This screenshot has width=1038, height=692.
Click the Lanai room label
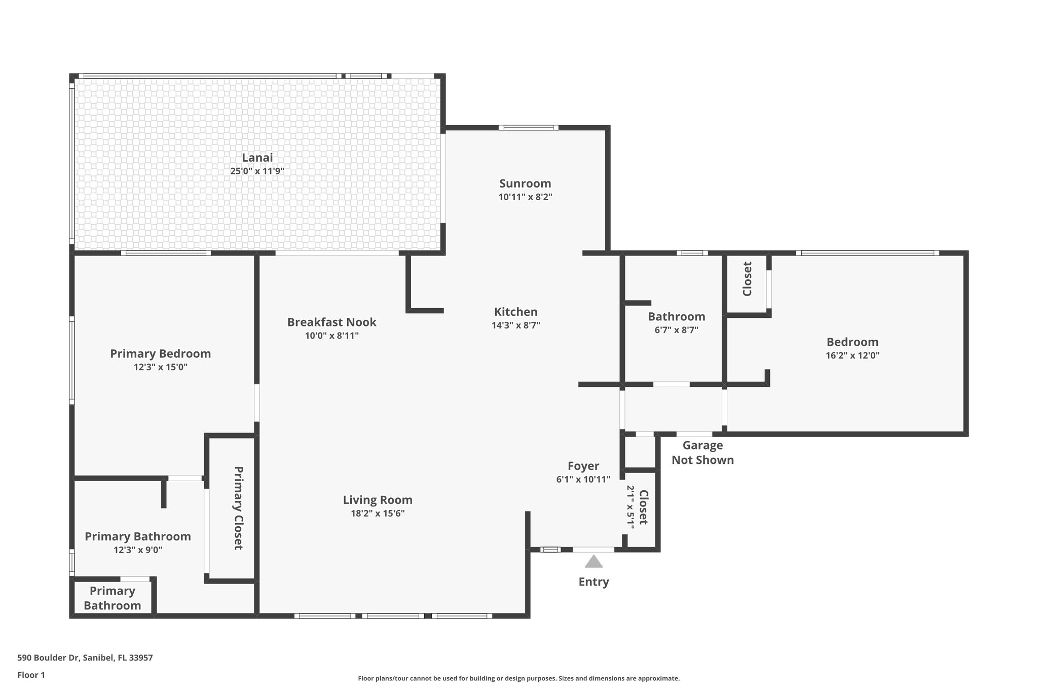tap(257, 158)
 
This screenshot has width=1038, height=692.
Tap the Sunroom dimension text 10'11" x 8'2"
tap(525, 197)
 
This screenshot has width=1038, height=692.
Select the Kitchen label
tap(515, 312)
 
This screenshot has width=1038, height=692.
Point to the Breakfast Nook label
tap(331, 322)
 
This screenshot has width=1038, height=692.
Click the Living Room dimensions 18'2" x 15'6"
tap(378, 513)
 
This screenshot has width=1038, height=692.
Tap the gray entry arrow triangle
tap(594, 562)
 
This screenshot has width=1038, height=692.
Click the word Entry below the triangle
tap(594, 581)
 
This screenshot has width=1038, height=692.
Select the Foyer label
tap(583, 466)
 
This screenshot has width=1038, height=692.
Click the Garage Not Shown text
tap(702, 453)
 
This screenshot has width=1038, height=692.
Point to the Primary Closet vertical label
tap(238, 508)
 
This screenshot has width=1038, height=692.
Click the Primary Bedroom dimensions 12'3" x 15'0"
tap(160, 367)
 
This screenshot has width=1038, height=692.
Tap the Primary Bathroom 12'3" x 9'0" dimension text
tap(138, 550)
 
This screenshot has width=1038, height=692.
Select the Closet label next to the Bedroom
tap(747, 279)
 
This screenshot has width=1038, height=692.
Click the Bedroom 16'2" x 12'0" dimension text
tap(852, 355)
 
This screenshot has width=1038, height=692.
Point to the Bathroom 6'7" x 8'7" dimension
tap(676, 330)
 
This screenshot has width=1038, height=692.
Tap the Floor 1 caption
tap(31, 675)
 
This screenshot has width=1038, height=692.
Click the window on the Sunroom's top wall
tap(528, 128)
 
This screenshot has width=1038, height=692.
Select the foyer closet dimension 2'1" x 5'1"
tap(631, 507)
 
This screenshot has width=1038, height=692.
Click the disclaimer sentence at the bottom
tap(518, 678)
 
